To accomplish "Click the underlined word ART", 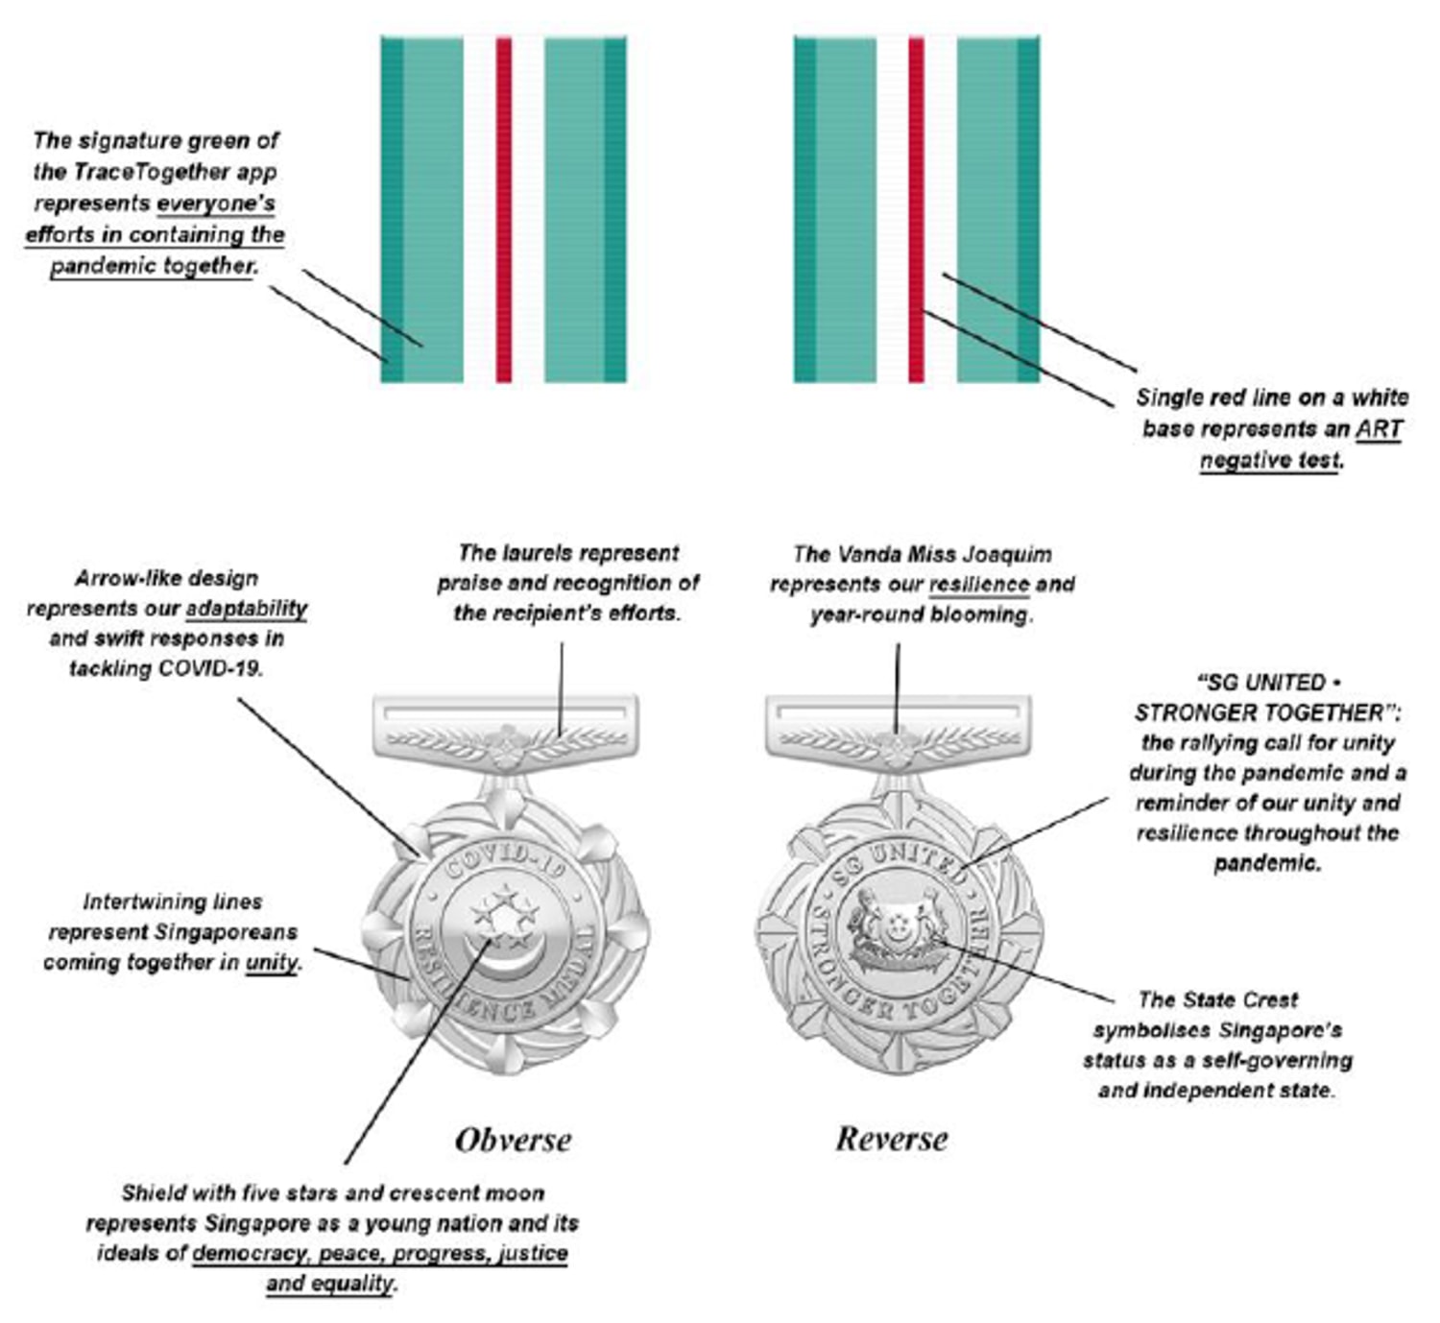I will [x=1379, y=429].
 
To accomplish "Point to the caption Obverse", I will [x=513, y=1140].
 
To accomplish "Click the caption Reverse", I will [x=891, y=1139].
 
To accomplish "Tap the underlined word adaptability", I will [x=247, y=609].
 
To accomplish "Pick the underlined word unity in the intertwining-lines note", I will [x=272, y=962].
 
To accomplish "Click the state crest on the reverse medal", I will [x=898, y=927].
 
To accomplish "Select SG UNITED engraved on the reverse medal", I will [x=895, y=857].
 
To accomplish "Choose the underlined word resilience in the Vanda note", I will [x=978, y=585].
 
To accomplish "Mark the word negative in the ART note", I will [x=1244, y=460].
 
